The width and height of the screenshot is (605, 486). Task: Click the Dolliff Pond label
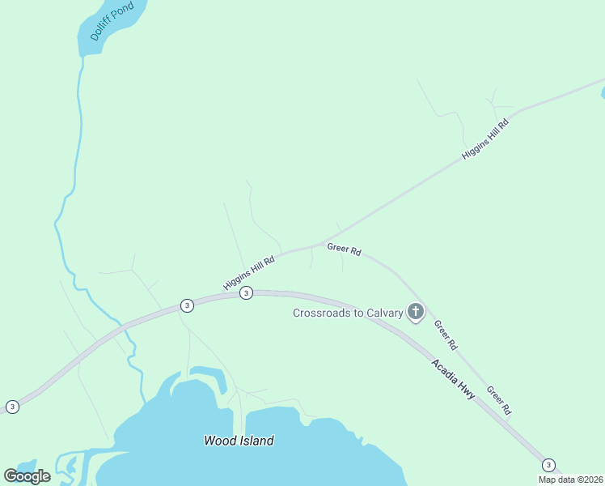pyautogui.click(x=107, y=22)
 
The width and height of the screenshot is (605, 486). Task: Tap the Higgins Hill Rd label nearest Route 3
pyautogui.click(x=249, y=274)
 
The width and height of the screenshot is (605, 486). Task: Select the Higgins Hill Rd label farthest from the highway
pyautogui.click(x=485, y=139)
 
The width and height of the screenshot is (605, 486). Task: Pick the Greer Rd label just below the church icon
pyautogui.click(x=446, y=335)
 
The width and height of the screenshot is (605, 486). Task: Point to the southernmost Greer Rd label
pyautogui.click(x=499, y=400)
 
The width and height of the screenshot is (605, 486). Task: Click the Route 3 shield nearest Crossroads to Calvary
pyautogui.click(x=247, y=293)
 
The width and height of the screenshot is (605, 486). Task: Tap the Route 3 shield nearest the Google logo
pyautogui.click(x=12, y=407)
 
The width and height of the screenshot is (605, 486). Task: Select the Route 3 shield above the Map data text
pyautogui.click(x=549, y=464)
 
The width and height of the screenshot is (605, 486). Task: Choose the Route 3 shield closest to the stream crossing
pyautogui.click(x=187, y=305)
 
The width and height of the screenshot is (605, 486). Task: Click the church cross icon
pyautogui.click(x=416, y=311)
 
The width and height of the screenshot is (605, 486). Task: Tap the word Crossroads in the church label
pyautogui.click(x=321, y=313)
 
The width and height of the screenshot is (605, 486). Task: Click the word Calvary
pyautogui.click(x=384, y=313)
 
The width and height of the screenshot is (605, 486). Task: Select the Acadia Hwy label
pyautogui.click(x=453, y=379)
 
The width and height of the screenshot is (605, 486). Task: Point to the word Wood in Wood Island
pyautogui.click(x=218, y=441)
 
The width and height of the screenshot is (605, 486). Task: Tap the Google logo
pyautogui.click(x=27, y=476)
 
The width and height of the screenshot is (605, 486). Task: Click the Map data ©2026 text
pyautogui.click(x=570, y=480)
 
